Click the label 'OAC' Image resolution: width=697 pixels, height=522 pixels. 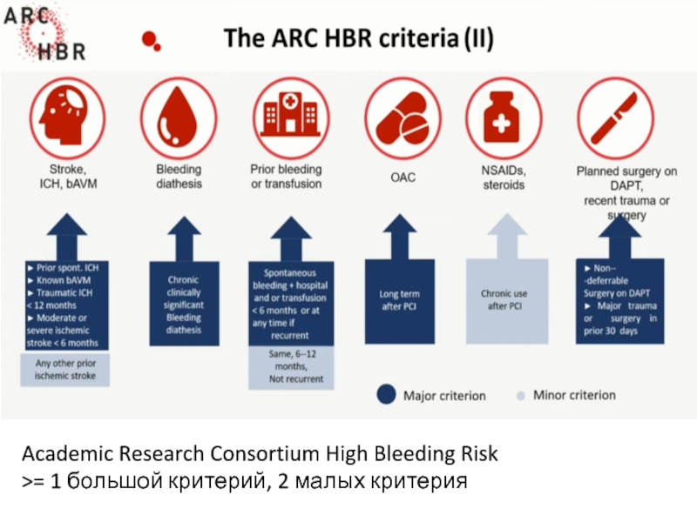(402, 177)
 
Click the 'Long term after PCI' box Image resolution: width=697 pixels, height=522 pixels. (401, 300)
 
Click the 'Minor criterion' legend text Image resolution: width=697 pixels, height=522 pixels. (573, 395)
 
